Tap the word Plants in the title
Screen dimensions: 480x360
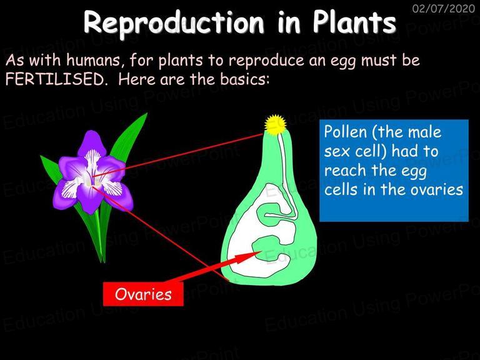[354, 22]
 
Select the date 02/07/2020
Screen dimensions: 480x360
[444, 8]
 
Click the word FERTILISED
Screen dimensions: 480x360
[55, 79]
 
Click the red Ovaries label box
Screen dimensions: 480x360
[143, 294]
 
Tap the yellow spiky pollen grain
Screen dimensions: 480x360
[276, 124]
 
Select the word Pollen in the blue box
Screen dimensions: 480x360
[345, 132]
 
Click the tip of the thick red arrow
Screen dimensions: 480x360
[262, 251]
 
